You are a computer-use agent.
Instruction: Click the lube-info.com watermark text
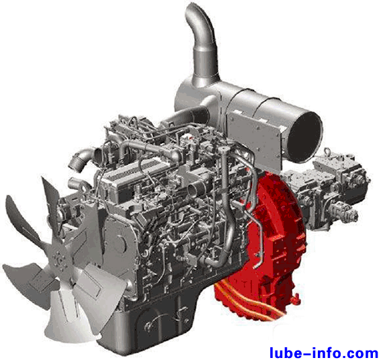(324, 352)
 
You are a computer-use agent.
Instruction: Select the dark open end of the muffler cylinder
(304, 138)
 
